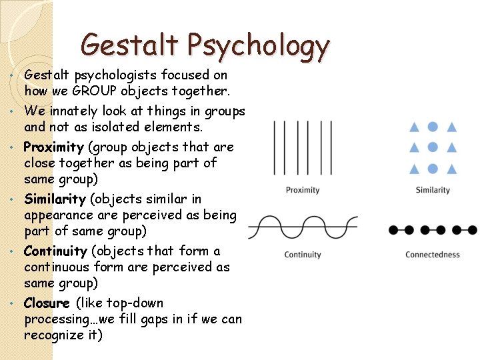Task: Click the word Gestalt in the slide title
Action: click(x=131, y=45)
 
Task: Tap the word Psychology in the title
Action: click(x=259, y=47)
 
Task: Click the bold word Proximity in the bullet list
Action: click(x=53, y=147)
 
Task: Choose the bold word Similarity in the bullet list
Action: click(x=55, y=199)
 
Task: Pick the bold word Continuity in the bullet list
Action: click(x=55, y=251)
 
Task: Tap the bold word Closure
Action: click(x=47, y=303)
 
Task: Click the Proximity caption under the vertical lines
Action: click(x=303, y=190)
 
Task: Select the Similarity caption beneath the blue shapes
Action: click(x=433, y=190)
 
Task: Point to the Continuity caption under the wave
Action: click(x=303, y=254)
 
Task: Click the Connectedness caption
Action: click(x=433, y=254)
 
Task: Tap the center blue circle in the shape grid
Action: click(x=433, y=147)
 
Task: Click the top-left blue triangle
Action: click(x=414, y=127)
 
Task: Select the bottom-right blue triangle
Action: click(x=451, y=169)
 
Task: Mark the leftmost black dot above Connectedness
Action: click(x=393, y=231)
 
